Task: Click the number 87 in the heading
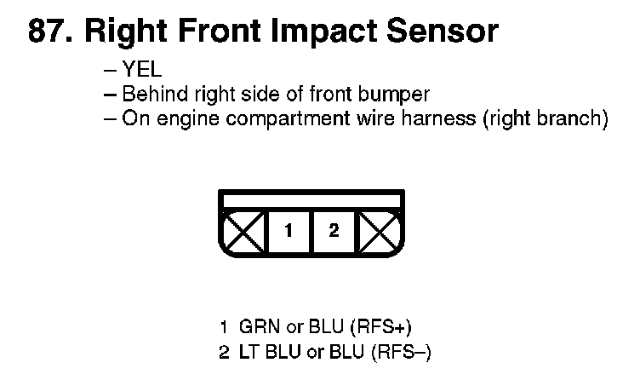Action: pyautogui.click(x=49, y=32)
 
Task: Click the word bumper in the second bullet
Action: pyautogui.click(x=399, y=95)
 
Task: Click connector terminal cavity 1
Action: pyautogui.click(x=289, y=231)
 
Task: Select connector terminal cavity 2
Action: pyautogui.click(x=334, y=231)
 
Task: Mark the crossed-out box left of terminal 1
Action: pyautogui.click(x=244, y=231)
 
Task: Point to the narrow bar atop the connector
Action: pyautogui.click(x=311, y=202)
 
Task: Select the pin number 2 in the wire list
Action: pyautogui.click(x=224, y=350)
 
